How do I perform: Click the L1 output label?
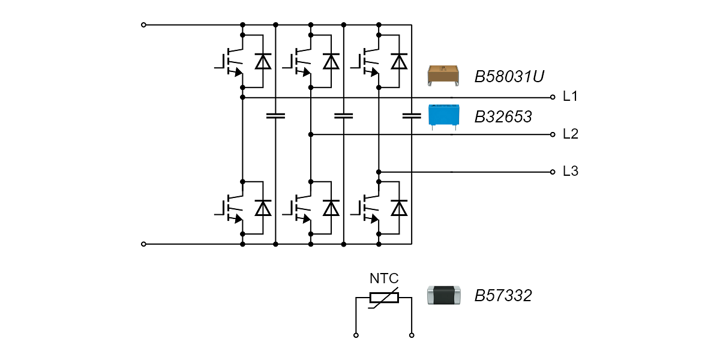570,97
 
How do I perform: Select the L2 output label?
570,134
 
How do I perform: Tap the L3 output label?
570,172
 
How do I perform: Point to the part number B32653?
503,117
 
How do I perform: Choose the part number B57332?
503,296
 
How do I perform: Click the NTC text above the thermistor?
384,278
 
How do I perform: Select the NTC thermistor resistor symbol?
384,298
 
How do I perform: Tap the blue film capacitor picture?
444,116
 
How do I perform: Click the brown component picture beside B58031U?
444,76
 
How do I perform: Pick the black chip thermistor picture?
444,296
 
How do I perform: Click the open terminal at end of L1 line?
553,97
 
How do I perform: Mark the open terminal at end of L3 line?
553,172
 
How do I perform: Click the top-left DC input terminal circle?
143,25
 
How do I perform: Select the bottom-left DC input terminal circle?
143,244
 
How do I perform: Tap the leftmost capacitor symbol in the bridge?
275,115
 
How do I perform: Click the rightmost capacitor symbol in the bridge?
412,115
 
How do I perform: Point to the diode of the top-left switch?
263,62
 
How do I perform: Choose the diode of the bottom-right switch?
399,208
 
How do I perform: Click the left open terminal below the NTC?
356,335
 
